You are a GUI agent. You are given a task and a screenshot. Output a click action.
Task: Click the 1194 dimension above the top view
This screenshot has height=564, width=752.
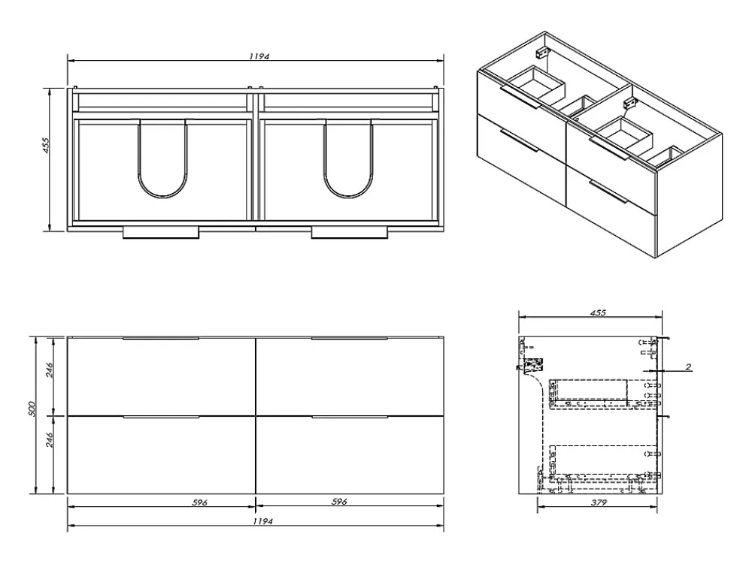[259, 56]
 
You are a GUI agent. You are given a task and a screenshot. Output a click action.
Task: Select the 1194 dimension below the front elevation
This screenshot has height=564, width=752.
[262, 521]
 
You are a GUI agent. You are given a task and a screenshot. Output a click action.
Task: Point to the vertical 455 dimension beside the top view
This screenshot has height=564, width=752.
[47, 145]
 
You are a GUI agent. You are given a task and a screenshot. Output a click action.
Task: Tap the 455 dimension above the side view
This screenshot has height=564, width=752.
[598, 312]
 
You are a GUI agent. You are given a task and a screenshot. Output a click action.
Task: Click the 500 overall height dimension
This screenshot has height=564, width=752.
[32, 409]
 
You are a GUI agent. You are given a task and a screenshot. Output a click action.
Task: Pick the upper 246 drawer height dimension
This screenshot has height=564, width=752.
[50, 370]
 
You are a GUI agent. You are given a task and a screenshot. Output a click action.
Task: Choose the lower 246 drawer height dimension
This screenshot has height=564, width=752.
[50, 439]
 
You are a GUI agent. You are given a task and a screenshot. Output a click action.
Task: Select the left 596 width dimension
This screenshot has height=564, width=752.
[199, 502]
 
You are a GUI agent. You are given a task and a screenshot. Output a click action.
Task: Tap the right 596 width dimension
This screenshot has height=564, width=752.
[339, 502]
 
